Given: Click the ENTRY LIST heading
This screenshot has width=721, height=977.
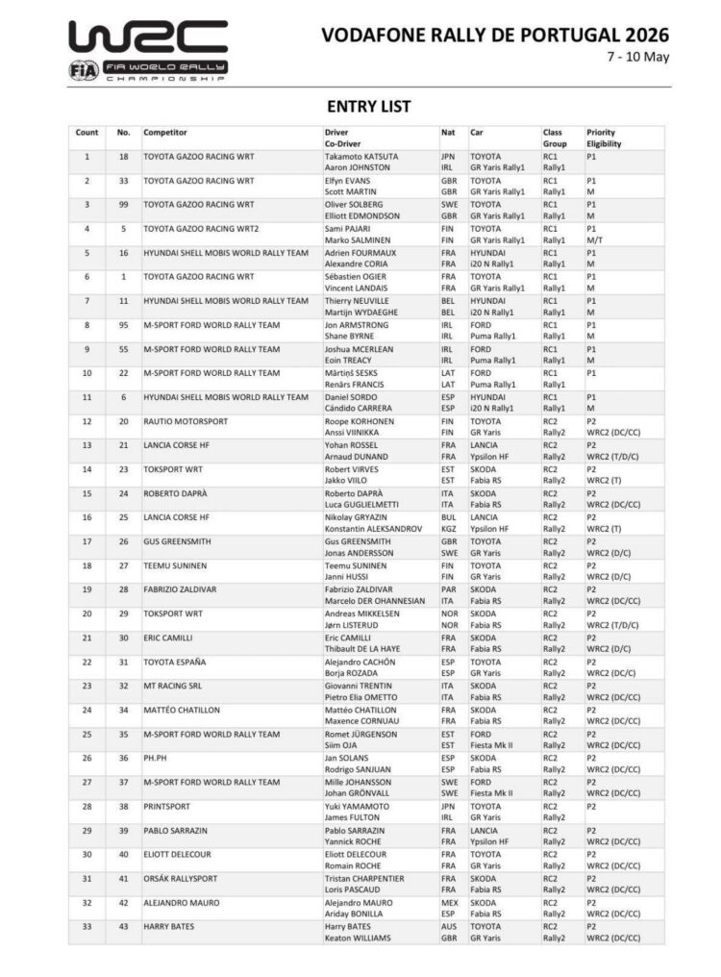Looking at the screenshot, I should coord(368,106).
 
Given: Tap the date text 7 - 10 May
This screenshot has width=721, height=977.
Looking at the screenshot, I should coord(638,57).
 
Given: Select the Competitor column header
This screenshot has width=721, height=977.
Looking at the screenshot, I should coord(164,132).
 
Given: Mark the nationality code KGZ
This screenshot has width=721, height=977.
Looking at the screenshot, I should coord(449,528).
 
